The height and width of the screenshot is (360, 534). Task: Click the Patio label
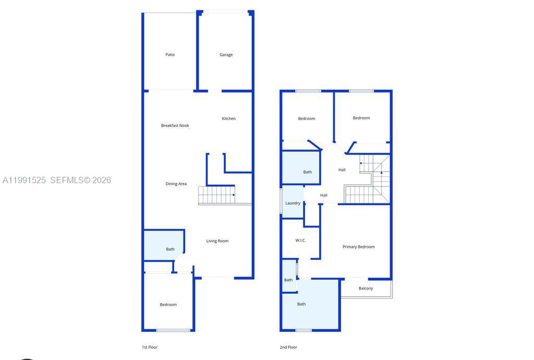(x=170, y=55)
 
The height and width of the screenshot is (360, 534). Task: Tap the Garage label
(x=226, y=55)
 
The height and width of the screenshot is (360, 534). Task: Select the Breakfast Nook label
(x=175, y=126)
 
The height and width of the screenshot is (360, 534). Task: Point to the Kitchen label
(x=228, y=119)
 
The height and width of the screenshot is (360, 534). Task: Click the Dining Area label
(x=176, y=184)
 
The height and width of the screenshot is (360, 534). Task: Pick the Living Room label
(x=217, y=241)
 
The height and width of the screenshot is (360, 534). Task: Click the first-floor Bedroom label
(x=168, y=305)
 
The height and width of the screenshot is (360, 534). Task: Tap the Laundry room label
(x=293, y=203)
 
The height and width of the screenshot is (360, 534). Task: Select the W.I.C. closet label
(x=300, y=241)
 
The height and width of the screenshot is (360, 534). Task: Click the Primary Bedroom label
(x=358, y=247)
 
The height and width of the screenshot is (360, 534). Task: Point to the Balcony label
(x=366, y=289)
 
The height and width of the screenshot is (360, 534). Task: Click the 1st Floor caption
(x=150, y=347)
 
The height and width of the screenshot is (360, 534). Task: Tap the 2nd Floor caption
(x=288, y=347)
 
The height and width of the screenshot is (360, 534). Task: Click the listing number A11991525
(x=25, y=181)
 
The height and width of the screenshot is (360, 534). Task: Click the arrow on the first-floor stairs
(x=233, y=195)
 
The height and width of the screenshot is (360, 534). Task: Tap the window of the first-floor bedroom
(x=174, y=330)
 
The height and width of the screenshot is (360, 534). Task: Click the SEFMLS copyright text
(x=81, y=181)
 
